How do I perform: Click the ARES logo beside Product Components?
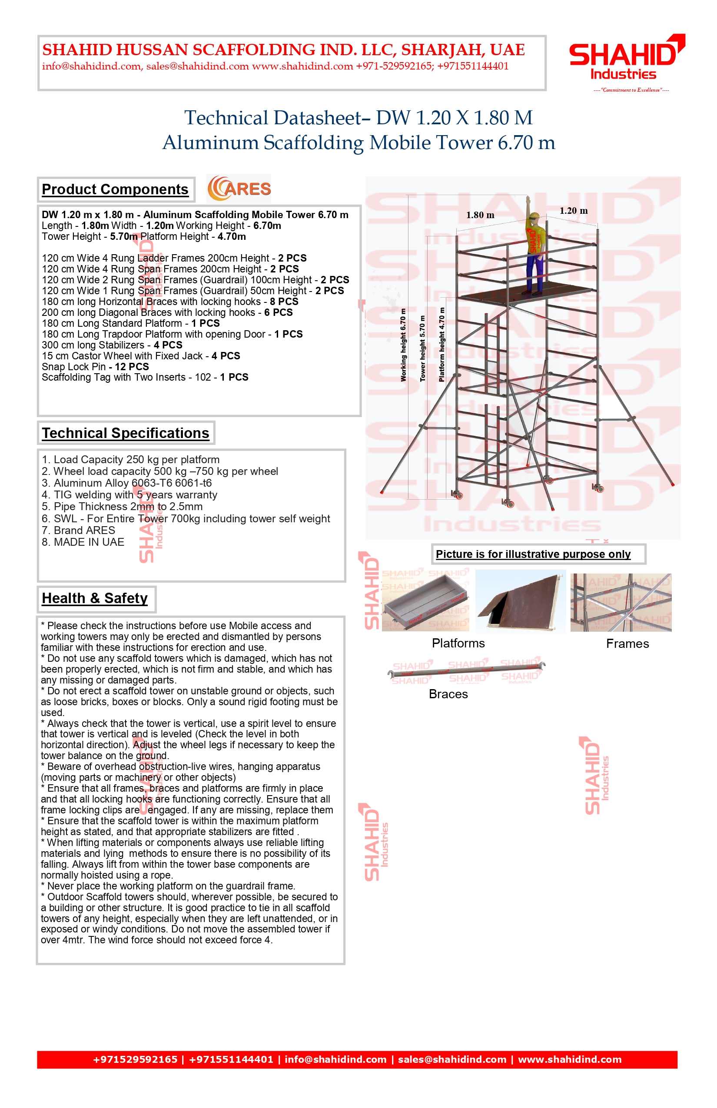[x=239, y=189]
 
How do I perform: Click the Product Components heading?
[x=115, y=189]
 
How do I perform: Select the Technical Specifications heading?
[x=125, y=433]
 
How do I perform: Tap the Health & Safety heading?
[x=95, y=598]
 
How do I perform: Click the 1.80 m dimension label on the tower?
[x=480, y=215]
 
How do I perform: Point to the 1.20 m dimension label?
[x=573, y=211]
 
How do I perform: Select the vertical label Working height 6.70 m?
[x=403, y=345]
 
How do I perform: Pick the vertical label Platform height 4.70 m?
[x=442, y=345]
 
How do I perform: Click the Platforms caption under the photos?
[x=458, y=644]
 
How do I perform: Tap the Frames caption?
[x=627, y=644]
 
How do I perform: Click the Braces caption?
[x=448, y=694]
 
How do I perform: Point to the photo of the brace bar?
[x=466, y=671]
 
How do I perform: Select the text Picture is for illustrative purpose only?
[x=533, y=554]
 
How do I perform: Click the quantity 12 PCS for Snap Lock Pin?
[x=132, y=367]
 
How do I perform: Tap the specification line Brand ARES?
[x=78, y=530]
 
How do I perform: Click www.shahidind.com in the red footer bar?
[x=569, y=1060]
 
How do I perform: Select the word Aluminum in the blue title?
[x=209, y=143]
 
